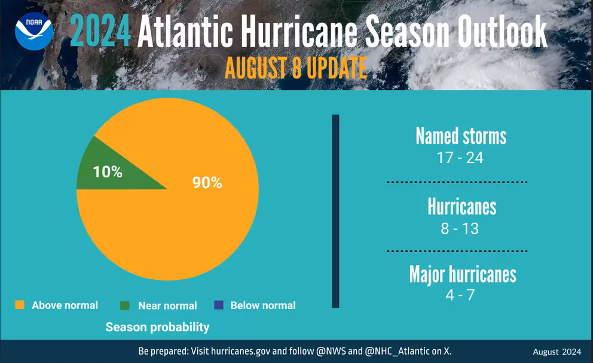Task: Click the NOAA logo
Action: coord(34,32)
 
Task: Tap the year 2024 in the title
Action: coord(100,32)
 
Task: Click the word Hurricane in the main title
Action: coord(299,32)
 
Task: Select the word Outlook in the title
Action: coord(502,32)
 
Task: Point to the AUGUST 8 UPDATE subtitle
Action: coord(296,68)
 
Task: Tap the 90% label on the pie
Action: coord(207,183)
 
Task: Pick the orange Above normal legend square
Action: coord(20,305)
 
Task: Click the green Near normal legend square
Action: coord(125,305)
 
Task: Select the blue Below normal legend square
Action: coord(219,305)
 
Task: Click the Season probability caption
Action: coord(157,327)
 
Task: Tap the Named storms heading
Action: coord(461,135)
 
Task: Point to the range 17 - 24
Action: coord(460,158)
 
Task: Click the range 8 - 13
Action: coord(460,228)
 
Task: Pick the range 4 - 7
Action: coord(460,295)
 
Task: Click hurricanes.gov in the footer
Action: coord(240,351)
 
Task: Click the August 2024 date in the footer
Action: coord(557,352)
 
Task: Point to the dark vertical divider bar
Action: coord(335,211)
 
